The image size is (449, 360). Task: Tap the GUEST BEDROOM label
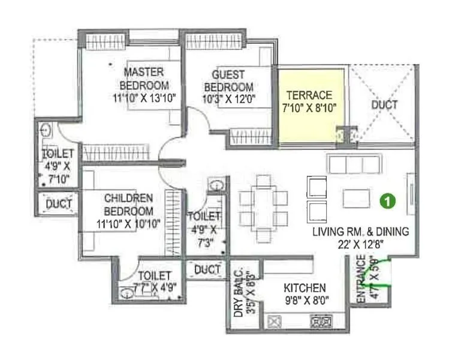pyautogui.click(x=228, y=80)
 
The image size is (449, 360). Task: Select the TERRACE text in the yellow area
pyautogui.click(x=309, y=95)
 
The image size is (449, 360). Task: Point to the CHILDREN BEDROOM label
pyautogui.click(x=128, y=205)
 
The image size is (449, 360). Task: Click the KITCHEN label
pyautogui.click(x=306, y=288)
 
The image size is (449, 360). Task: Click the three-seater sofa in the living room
pyautogui.click(x=354, y=163)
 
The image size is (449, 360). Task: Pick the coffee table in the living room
pyautogui.click(x=356, y=197)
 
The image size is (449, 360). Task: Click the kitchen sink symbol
pyautogui.click(x=275, y=322)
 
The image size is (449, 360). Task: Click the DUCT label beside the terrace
pyautogui.click(x=384, y=104)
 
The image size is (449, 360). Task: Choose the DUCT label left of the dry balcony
pyautogui.click(x=207, y=270)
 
